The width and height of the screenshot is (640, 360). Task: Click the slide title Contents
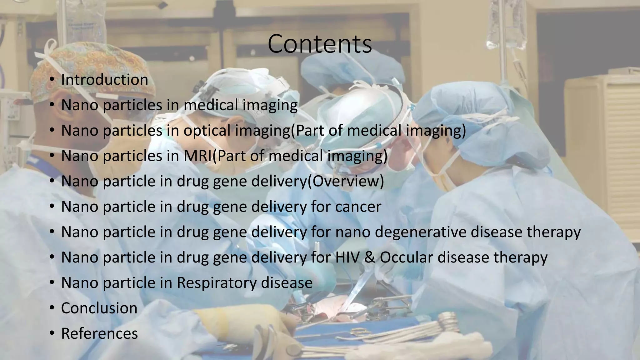tap(320, 44)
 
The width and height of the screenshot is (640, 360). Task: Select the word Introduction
tap(104, 80)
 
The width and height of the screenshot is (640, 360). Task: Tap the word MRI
tap(197, 156)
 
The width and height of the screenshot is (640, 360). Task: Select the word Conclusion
tap(99, 308)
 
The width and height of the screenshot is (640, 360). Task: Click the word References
tap(99, 333)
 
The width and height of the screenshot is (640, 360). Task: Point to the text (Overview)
tap(346, 181)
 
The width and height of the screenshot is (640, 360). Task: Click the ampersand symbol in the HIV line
tap(370, 257)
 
